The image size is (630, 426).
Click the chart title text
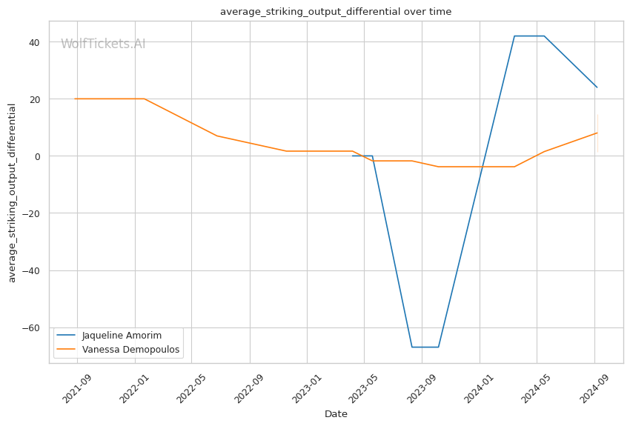tap(335, 11)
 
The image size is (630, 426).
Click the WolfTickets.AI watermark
tap(103, 44)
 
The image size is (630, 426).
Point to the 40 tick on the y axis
tap(34, 42)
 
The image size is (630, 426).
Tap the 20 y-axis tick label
tap(34, 99)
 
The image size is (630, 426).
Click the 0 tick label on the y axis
tap(37, 156)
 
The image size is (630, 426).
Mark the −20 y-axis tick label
tap(31, 213)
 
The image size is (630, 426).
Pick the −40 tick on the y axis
tap(31, 270)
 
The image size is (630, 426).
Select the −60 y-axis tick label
tap(31, 327)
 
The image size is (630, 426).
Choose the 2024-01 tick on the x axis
tap(480, 387)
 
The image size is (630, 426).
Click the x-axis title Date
tap(336, 414)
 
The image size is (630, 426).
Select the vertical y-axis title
tap(12, 193)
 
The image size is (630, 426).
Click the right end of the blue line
tap(597, 87)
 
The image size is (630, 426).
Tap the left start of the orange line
tap(75, 99)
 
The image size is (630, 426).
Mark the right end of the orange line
tap(597, 133)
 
